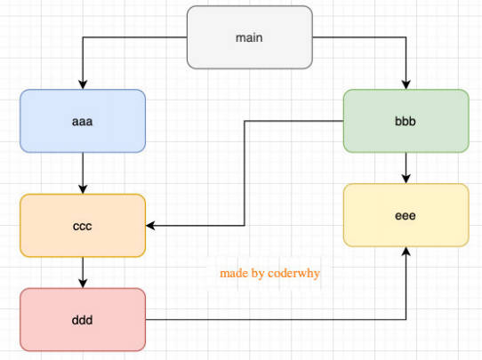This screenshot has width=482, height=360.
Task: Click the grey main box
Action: tap(250, 37)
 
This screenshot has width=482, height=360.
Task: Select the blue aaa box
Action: tap(83, 121)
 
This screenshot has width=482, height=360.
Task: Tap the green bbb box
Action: tap(406, 121)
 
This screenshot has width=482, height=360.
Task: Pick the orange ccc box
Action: tap(83, 226)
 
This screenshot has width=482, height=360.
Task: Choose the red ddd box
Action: tap(83, 319)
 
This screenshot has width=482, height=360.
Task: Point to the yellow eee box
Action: tap(406, 215)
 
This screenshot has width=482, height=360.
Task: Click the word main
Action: tap(249, 38)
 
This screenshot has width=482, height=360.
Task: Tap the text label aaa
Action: tap(82, 122)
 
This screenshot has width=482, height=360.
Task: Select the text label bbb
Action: tap(406, 121)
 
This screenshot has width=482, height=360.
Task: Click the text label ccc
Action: tap(83, 227)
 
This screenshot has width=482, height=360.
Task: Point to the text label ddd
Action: tap(82, 320)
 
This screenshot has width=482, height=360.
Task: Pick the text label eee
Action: tap(406, 216)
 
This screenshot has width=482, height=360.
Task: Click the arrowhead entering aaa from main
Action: tap(83, 84)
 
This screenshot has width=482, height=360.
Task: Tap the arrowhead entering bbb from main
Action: tap(406, 84)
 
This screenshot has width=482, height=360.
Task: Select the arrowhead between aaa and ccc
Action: tap(83, 189)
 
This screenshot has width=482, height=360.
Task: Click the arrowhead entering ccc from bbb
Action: tap(150, 226)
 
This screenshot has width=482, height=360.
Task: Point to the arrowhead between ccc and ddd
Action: tap(83, 284)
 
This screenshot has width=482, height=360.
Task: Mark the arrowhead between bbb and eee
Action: tap(406, 179)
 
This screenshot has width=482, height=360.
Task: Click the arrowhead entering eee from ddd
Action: tap(406, 252)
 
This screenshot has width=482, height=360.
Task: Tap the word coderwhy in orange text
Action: tap(293, 273)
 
